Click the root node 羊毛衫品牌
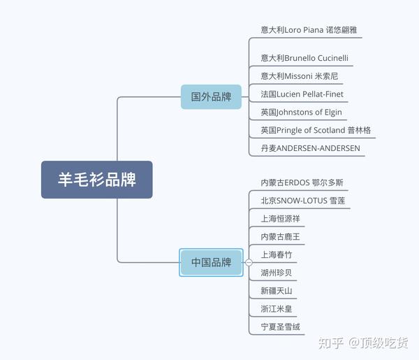tap(96, 180)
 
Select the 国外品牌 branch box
tap(211, 96)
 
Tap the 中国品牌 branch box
tap(211, 262)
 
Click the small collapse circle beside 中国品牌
tap(249, 262)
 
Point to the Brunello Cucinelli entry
tap(304, 57)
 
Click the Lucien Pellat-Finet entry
tap(302, 94)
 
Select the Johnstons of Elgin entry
tap(301, 112)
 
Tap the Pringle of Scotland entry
tap(316, 130)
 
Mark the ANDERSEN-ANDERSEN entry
tap(310, 148)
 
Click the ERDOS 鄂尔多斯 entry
tap(302, 182)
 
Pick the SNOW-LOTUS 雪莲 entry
tap(302, 201)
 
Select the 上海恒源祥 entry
tap(281, 219)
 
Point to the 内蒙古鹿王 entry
tap(281, 237)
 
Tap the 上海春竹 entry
tap(277, 255)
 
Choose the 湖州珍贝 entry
tap(277, 273)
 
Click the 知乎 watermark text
tap(330, 343)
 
